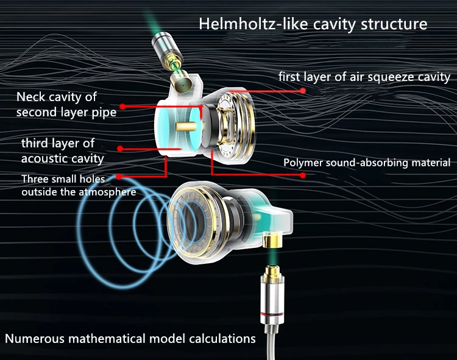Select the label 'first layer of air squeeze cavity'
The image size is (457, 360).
pyautogui.click(x=364, y=77)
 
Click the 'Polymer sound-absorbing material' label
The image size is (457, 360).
pyautogui.click(x=367, y=163)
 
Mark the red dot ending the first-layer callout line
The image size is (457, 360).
pyautogui.click(x=303, y=90)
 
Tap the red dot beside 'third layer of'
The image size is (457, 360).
pyautogui.click(x=121, y=147)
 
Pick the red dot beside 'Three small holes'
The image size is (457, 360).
pyautogui.click(x=119, y=177)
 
